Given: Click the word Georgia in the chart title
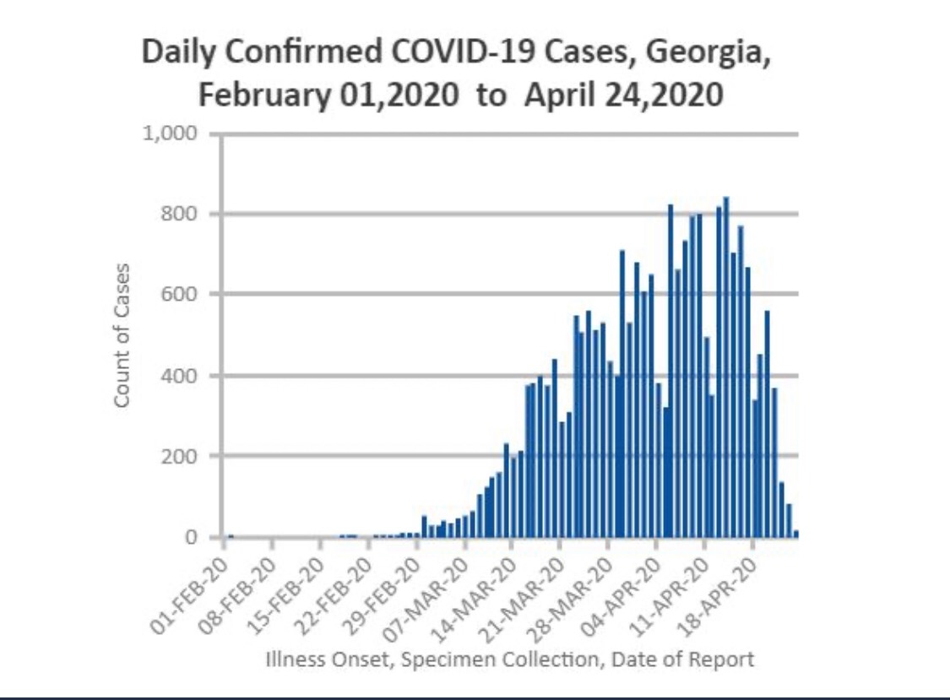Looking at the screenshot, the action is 708,53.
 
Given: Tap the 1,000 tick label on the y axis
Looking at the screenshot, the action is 171,133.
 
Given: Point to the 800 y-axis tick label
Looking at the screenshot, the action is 179,214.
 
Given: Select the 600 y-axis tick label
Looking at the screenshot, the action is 179,294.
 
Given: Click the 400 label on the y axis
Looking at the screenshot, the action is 179,375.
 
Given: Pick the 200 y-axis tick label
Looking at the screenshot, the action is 179,456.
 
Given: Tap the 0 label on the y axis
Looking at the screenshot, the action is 192,537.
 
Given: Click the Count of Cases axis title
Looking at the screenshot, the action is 122,335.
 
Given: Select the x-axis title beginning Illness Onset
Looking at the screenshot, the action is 510,659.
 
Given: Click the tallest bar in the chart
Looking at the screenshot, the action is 726,366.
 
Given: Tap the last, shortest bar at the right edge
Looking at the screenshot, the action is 796,534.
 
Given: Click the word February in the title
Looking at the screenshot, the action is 265,95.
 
